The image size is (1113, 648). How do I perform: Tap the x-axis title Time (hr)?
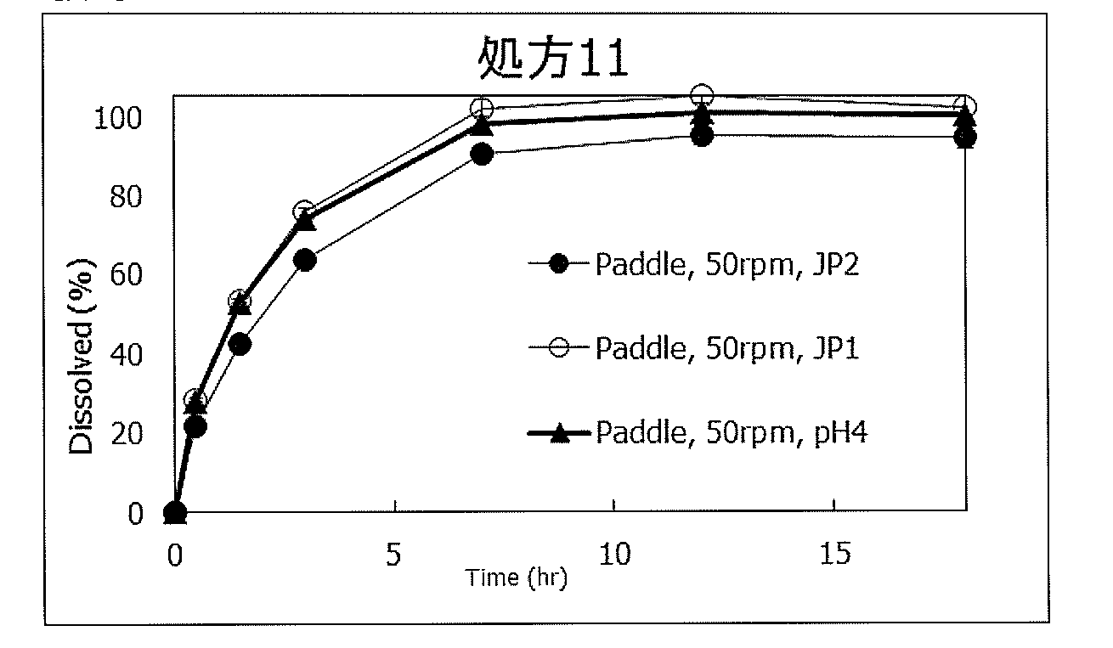(516, 579)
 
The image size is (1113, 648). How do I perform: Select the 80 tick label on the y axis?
(123, 196)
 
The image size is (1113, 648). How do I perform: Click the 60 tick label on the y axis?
(123, 275)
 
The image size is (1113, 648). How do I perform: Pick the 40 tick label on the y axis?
(123, 354)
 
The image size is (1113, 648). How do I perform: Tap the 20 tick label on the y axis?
(123, 434)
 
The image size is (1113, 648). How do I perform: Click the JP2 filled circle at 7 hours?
(482, 155)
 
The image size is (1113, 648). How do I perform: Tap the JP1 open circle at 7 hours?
(482, 108)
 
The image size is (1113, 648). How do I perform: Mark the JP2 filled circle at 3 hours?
(305, 260)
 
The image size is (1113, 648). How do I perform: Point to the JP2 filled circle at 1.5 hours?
(240, 344)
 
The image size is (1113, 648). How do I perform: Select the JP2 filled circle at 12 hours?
(702, 136)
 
